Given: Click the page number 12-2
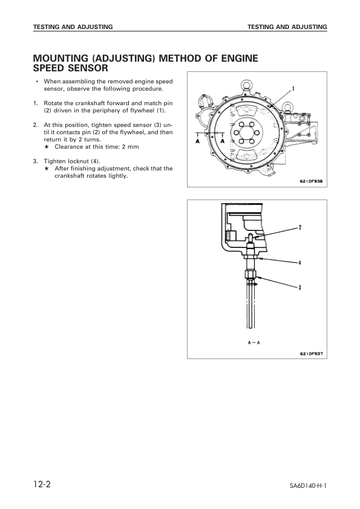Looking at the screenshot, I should pos(45,486).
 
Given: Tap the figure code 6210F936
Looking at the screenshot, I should pos(311,180).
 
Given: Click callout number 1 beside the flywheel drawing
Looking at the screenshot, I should pos(293,88).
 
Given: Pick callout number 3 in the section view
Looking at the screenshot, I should pos(299,288).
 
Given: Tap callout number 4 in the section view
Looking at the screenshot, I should pos(299,262).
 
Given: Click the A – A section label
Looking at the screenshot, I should pos(254,342).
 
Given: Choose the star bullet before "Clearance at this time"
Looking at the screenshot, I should pos(47,147).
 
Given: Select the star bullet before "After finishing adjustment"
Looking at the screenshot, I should pos(47,169).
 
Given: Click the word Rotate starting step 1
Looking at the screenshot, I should pos(54,103).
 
